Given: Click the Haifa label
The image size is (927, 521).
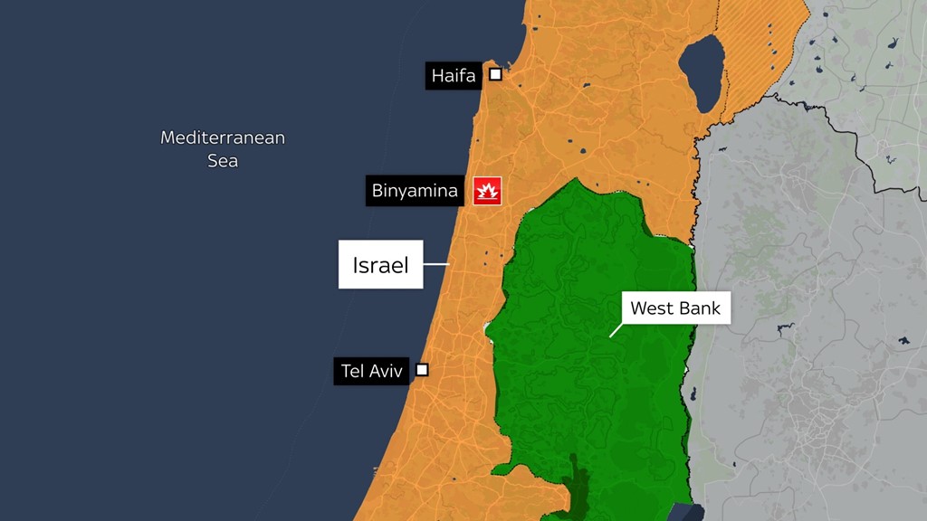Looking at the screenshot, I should point(453,76).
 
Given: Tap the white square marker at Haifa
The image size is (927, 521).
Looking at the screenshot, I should point(495,74).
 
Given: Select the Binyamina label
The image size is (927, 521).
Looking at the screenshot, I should point(415,191).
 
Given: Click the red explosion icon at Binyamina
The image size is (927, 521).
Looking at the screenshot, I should point(487,191).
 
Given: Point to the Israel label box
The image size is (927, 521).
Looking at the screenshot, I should point(380,265).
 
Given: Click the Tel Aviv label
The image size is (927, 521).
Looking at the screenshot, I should point(371,371).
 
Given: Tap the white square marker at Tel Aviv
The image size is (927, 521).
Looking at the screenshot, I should point(422,369).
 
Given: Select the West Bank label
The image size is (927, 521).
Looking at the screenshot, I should point(675,308).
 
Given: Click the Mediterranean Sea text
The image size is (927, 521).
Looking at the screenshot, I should point(223,149).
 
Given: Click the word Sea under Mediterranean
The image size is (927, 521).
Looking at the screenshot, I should point(223,161).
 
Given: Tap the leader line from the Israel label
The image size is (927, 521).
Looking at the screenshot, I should point(436,264).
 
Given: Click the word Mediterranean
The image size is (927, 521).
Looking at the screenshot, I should point(223,137).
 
